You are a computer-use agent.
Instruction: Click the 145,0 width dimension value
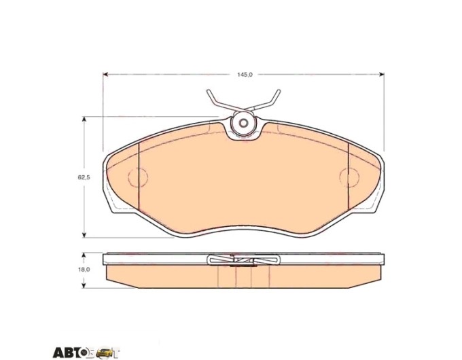[x=245, y=75]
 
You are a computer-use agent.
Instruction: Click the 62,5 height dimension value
[x=84, y=178]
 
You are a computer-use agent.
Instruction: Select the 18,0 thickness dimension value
[x=84, y=269]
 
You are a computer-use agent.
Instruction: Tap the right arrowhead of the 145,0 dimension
[x=381, y=74]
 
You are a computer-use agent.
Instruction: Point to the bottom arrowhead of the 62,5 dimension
[x=84, y=234]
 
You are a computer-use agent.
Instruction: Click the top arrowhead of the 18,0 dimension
[x=84, y=255]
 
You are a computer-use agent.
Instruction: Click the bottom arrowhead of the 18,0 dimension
[x=84, y=285]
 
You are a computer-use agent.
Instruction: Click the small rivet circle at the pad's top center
[x=243, y=123]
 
